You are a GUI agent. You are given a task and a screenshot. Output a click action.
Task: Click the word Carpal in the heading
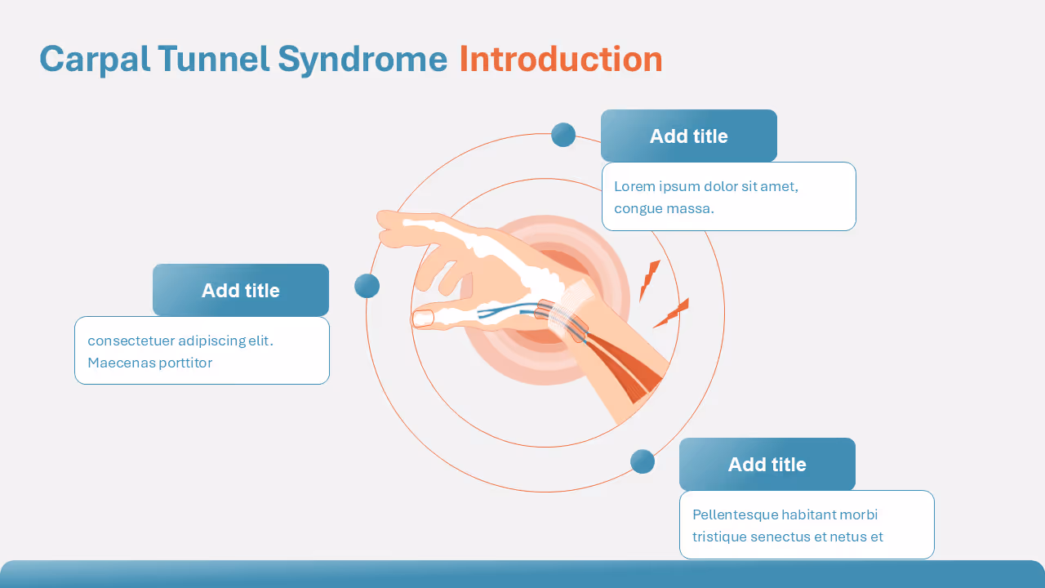click(94, 60)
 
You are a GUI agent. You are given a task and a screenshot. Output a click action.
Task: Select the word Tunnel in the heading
click(213, 60)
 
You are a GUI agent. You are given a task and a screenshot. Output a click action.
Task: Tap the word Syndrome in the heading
click(362, 60)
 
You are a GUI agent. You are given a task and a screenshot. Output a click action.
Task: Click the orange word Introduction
click(560, 60)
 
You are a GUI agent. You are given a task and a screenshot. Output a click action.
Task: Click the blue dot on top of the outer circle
click(563, 135)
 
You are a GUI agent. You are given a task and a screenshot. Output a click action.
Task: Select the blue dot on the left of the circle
click(367, 286)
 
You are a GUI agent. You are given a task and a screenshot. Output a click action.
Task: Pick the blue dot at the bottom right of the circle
click(643, 461)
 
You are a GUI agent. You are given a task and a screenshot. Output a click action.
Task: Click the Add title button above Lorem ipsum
click(688, 136)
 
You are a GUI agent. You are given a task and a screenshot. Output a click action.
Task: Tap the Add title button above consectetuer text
click(240, 290)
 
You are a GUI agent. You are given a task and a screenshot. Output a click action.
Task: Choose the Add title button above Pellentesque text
click(767, 464)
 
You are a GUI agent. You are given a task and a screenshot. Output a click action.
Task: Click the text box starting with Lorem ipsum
click(728, 197)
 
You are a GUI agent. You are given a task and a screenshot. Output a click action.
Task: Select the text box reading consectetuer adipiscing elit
click(202, 350)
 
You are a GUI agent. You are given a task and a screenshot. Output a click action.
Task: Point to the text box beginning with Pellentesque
click(806, 525)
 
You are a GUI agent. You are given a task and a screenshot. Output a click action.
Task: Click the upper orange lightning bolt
click(649, 280)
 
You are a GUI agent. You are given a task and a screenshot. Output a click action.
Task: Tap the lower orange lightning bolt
click(673, 313)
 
